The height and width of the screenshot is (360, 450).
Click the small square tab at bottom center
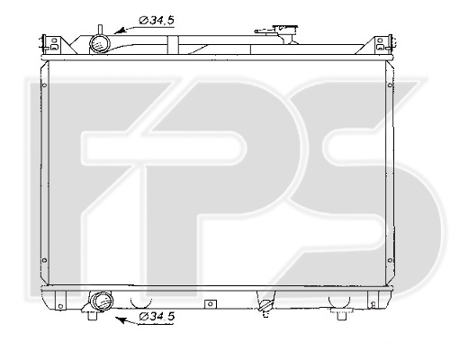(x=209, y=303)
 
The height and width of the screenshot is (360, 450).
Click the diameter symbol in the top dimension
(x=145, y=19)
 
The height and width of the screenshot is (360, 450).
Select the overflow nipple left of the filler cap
(x=267, y=33)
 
